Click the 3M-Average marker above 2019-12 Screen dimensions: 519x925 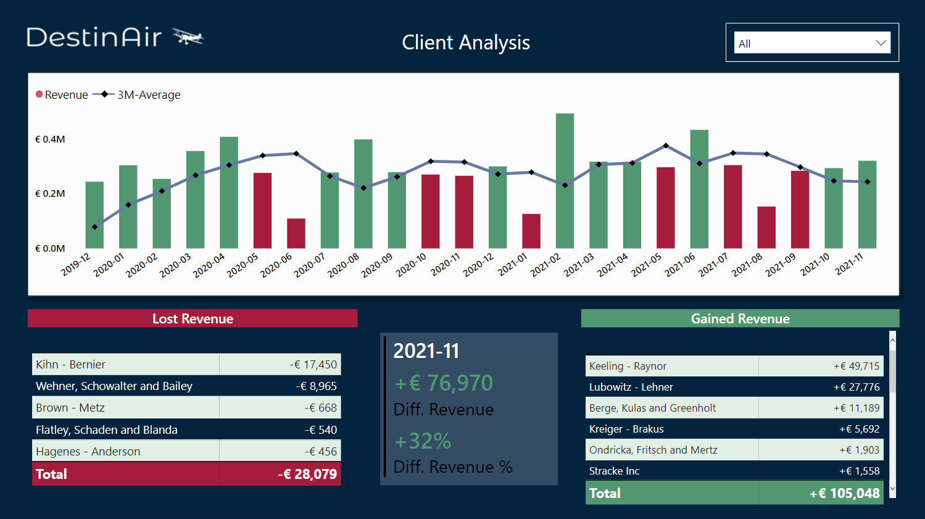coord(94,227)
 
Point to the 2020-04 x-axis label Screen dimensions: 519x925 coord(209,266)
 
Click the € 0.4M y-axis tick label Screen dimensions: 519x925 coord(50,139)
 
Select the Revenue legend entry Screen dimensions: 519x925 coord(62,95)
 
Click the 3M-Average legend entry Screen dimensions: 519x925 coord(137,95)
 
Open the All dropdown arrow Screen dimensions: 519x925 coord(881,43)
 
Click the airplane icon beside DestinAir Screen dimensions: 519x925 coord(188,37)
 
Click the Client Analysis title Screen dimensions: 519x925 coord(466,43)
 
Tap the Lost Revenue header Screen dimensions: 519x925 coord(193,318)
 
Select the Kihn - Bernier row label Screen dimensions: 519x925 coord(70,365)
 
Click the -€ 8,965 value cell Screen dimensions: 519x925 coord(316,386)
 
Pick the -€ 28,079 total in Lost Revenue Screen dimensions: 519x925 coord(307,475)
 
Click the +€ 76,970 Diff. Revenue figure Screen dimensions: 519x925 coord(444,383)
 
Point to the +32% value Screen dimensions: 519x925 coord(423,441)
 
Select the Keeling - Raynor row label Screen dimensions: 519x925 coord(628,366)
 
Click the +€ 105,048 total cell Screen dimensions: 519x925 coord(844,494)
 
